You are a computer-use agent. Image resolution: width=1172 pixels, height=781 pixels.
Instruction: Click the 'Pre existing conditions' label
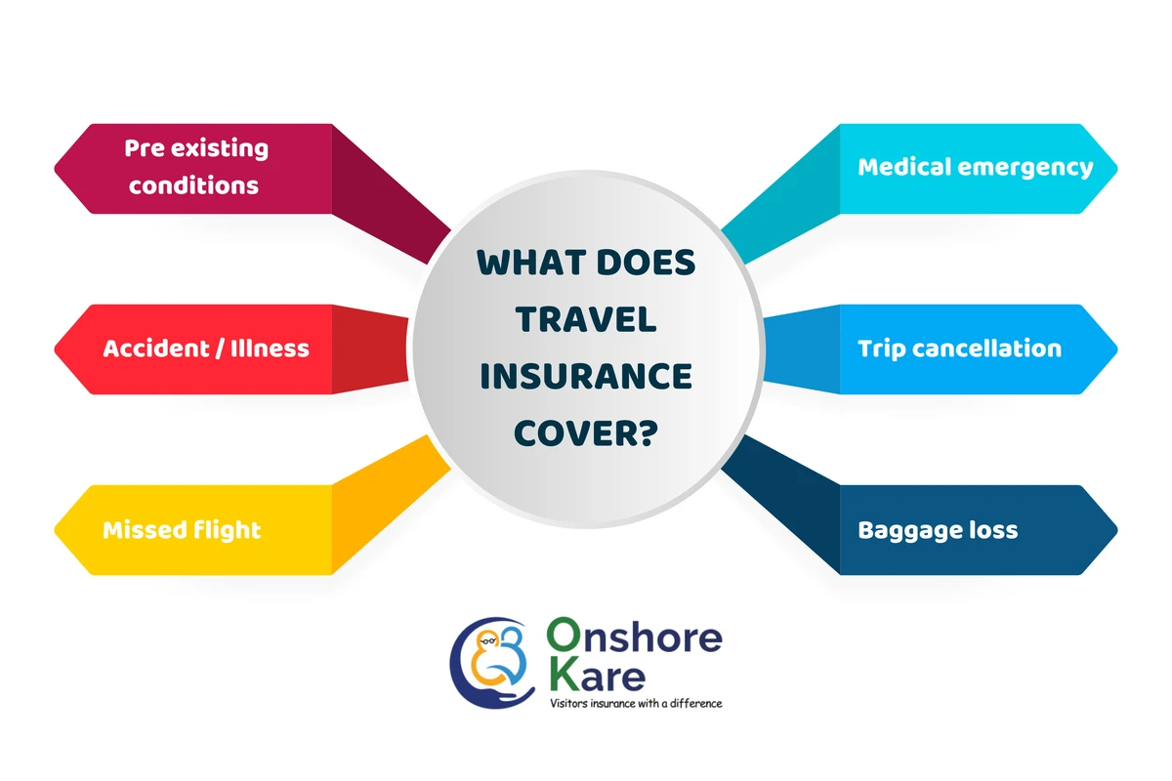point(195,167)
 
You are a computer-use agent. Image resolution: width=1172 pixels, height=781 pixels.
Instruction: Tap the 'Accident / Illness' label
point(205,349)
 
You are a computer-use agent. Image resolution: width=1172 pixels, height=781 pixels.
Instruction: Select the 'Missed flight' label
point(182,530)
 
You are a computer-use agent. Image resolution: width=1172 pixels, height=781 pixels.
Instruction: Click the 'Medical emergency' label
point(975,167)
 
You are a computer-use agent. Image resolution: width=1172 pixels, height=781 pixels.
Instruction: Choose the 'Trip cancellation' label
point(959,349)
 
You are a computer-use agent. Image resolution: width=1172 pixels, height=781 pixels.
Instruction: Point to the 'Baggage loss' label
point(938,530)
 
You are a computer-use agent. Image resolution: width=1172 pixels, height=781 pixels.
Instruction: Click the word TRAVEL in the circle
point(586,319)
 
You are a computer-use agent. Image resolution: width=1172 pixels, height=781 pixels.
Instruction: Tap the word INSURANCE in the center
point(586,376)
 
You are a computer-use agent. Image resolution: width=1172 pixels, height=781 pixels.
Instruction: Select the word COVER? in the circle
point(586,432)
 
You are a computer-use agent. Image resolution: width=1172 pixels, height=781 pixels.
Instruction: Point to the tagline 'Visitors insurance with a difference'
point(636,703)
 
